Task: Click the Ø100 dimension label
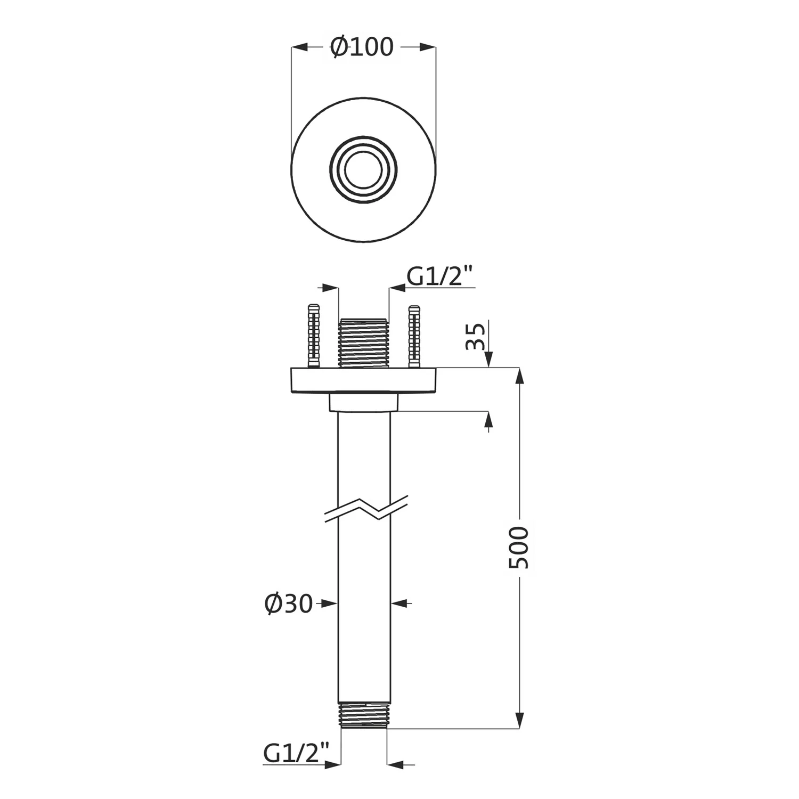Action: point(362,47)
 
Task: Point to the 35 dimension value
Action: point(476,336)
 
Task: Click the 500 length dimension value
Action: point(518,547)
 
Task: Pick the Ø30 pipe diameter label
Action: point(288,604)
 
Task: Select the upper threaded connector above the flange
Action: point(364,343)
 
